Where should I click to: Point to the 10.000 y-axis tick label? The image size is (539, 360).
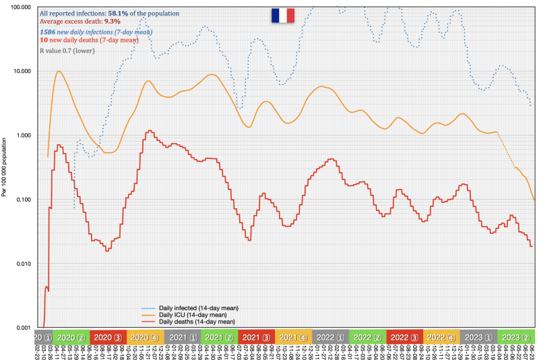point(22,71)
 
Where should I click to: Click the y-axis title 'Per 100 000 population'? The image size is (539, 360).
point(5,169)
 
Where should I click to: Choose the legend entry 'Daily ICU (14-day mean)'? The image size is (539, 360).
point(192,315)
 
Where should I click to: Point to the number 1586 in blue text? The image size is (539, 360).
point(49,32)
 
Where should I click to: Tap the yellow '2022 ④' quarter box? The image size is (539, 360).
point(441,336)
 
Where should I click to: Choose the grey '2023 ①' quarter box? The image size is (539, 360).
point(478,336)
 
